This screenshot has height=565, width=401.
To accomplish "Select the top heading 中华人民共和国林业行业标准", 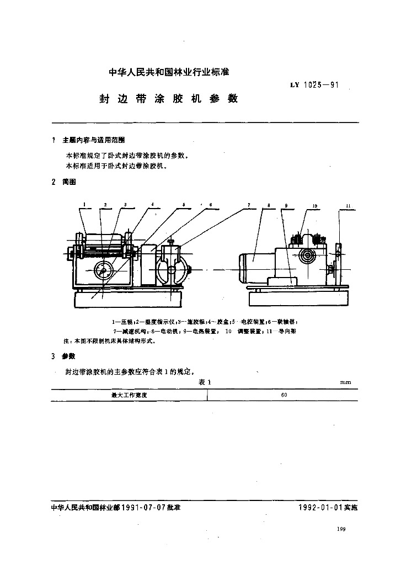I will click(169, 72).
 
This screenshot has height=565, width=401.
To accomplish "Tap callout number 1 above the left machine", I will click(84, 205).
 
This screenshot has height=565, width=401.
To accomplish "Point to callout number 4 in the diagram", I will click(152, 205).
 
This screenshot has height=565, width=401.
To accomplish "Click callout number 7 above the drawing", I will click(249, 205).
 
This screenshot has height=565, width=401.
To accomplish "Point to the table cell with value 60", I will click(284, 395).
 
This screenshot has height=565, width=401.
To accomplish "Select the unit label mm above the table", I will click(346, 382).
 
